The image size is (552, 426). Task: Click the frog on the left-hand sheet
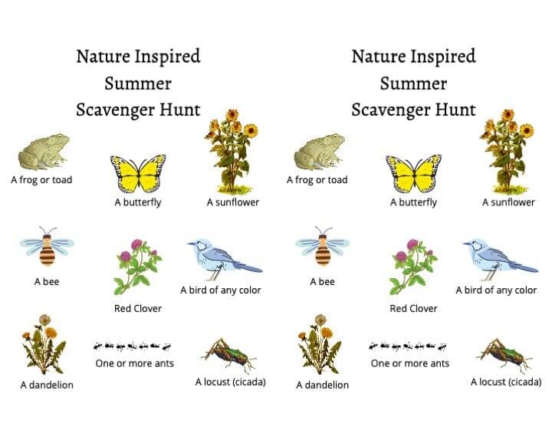click(x=44, y=152)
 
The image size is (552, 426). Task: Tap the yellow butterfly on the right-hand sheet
click(x=414, y=173)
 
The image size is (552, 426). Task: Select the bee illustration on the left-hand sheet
click(x=48, y=246)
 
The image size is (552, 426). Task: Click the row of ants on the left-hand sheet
click(x=133, y=346)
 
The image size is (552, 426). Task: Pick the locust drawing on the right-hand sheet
click(x=504, y=356)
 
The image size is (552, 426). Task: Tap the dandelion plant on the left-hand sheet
click(x=44, y=344)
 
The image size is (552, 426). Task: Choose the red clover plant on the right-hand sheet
click(x=413, y=267)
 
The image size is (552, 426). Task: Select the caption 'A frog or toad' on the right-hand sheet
click(x=317, y=180)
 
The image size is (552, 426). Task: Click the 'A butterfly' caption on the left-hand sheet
click(x=138, y=202)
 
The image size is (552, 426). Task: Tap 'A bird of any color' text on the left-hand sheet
click(x=221, y=290)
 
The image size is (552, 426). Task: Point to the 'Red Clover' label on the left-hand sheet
click(x=138, y=309)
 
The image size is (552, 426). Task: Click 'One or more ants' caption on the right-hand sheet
click(x=410, y=363)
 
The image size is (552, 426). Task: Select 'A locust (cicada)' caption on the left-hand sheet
click(x=231, y=382)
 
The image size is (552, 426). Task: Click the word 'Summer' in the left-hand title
click(x=138, y=84)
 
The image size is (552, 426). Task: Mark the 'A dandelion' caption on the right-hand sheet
click(x=323, y=385)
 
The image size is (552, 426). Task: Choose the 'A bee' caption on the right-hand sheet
click(x=323, y=282)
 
